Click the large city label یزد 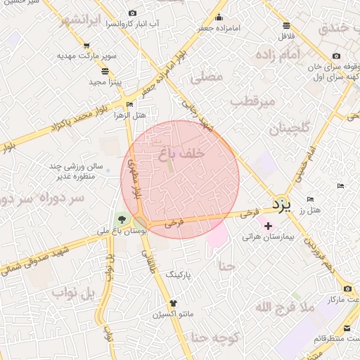[x=281, y=205]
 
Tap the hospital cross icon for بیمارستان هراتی [x=267, y=226]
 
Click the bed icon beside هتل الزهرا [x=129, y=104]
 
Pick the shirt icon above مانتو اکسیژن [x=173, y=302]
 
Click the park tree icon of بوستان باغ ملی [x=124, y=218]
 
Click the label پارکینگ [x=179, y=275]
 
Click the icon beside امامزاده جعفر [x=219, y=16]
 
